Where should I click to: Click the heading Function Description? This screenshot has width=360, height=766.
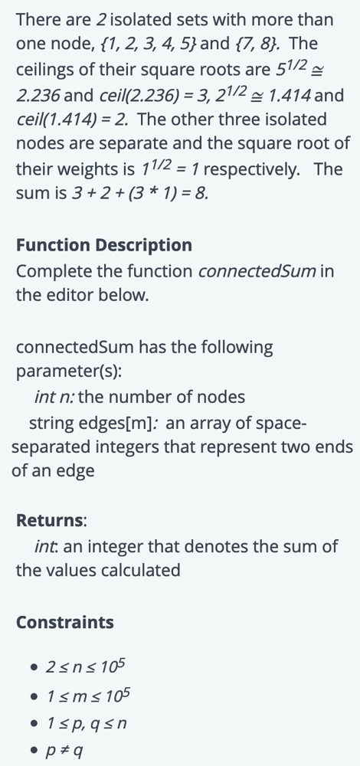pyautogui.click(x=104, y=245)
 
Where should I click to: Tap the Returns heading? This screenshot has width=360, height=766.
pyautogui.click(x=51, y=520)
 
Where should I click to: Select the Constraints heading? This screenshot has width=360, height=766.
pyautogui.click(x=65, y=622)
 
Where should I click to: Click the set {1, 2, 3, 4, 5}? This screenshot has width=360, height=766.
pyautogui.click(x=148, y=44)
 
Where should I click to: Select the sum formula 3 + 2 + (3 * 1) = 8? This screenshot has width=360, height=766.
pyautogui.click(x=140, y=194)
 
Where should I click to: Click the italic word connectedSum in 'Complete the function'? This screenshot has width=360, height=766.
pyautogui.click(x=257, y=270)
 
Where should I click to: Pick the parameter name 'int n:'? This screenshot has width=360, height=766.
pyautogui.click(x=54, y=397)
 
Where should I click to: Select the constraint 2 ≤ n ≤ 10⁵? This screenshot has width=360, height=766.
pyautogui.click(x=86, y=666)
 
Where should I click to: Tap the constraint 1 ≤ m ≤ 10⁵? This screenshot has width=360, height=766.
pyautogui.click(x=88, y=694)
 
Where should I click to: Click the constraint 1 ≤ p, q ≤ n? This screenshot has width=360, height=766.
pyautogui.click(x=86, y=723)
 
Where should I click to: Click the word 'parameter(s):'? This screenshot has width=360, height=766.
pyautogui.click(x=69, y=372)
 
